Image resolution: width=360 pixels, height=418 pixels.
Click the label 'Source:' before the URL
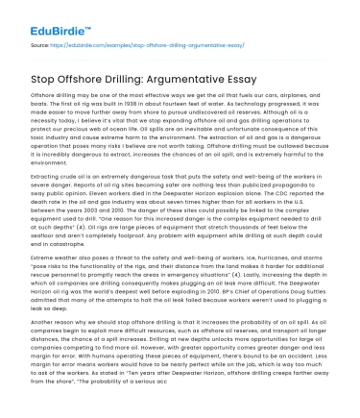click(41, 45)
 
